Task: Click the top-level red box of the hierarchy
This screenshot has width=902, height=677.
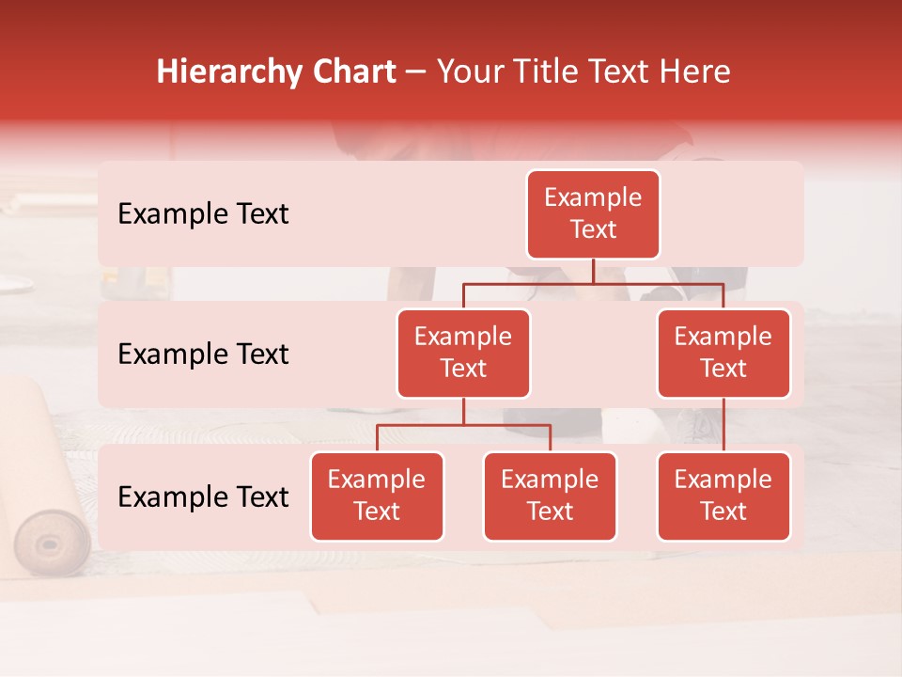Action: tap(593, 214)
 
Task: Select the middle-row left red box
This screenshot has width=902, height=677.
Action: tap(463, 354)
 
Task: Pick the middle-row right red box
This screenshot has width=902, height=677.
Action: tap(723, 354)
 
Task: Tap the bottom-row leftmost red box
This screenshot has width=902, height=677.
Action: tap(377, 496)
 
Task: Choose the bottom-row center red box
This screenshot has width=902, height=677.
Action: tap(550, 496)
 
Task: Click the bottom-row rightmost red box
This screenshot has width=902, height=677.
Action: tap(723, 496)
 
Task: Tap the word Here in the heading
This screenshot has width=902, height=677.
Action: tap(694, 72)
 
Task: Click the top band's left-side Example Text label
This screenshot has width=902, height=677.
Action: tap(203, 214)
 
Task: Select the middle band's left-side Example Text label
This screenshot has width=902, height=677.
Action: tap(203, 354)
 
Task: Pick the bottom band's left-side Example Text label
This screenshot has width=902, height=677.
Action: tap(203, 496)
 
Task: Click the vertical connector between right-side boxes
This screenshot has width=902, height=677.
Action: tap(723, 425)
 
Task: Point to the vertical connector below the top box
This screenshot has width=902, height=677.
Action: tap(593, 271)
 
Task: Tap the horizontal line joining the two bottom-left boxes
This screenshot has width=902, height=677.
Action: tap(463, 425)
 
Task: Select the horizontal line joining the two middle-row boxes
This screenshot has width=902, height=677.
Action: tap(593, 282)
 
